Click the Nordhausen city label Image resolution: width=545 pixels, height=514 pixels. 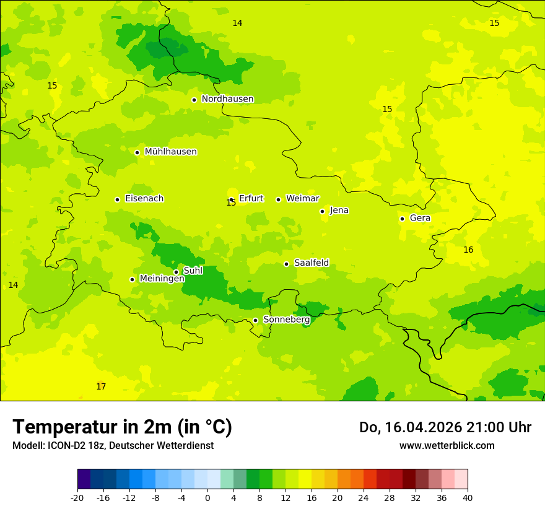pos(227,99)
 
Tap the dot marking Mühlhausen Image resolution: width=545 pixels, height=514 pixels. pos(137,152)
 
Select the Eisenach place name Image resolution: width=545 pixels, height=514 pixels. pos(144,199)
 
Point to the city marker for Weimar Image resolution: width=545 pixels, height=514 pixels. pos(278,199)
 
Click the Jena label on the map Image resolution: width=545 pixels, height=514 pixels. pos(339,211)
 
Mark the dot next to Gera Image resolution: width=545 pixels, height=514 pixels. pos(402,219)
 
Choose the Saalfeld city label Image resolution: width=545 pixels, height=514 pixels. pos(312,263)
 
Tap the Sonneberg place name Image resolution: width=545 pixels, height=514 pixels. pos(287,320)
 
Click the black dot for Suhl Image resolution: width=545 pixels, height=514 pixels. pos(176,272)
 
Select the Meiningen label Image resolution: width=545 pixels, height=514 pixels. pos(162,279)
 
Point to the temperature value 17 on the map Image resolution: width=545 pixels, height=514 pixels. pos(101,387)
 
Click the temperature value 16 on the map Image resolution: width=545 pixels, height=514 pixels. pos(468,250)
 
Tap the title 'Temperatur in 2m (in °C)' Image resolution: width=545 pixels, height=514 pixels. pos(122,427)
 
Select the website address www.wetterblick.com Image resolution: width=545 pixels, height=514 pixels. pos(447,446)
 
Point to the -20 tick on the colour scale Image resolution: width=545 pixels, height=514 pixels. pos(77,498)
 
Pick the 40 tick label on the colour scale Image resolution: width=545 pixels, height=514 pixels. pos(468,498)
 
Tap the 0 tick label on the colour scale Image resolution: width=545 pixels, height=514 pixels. pos(207,498)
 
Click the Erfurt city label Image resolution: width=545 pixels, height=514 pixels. pos(251,199)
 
